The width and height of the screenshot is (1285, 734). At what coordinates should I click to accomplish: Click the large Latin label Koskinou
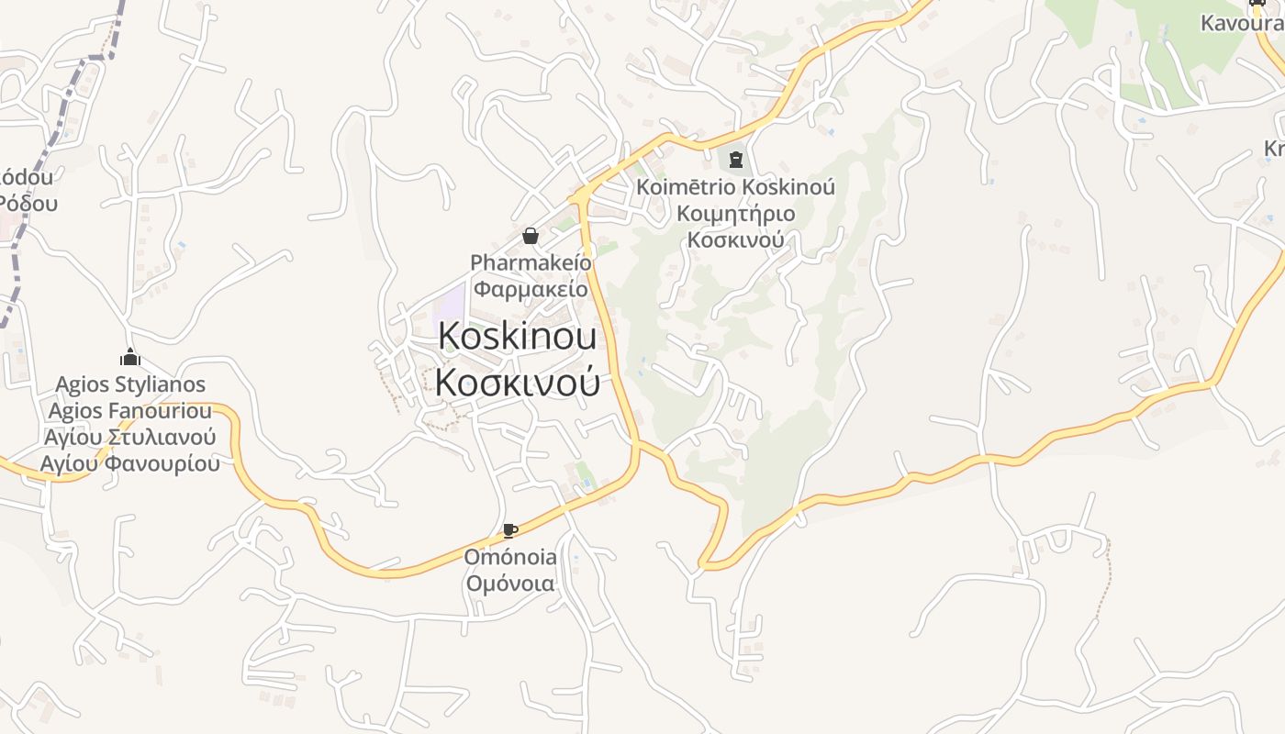coord(517,337)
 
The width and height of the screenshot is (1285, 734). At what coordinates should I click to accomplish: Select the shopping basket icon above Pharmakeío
coord(530,236)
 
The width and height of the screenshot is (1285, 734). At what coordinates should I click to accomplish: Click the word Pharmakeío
coord(531,262)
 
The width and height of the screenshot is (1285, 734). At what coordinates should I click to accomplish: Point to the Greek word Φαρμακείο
coord(531,289)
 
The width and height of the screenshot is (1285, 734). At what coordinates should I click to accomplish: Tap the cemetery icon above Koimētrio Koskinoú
coord(734,161)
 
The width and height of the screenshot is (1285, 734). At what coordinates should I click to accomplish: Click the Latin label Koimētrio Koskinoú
coord(735,187)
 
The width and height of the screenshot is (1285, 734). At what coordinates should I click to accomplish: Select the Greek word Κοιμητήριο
coord(735,214)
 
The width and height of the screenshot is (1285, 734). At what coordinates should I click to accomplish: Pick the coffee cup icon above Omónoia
coord(510,530)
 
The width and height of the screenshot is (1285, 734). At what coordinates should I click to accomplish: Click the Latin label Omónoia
coord(510,557)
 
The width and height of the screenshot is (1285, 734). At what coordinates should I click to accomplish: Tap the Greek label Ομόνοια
coord(510,584)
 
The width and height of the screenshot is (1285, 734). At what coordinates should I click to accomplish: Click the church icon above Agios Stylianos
coord(130,357)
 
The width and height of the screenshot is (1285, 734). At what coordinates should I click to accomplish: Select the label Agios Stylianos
coord(130,384)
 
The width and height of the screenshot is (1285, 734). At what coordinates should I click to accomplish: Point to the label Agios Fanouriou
coord(130,410)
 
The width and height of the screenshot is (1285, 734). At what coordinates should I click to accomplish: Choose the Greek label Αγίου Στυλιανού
coord(130,437)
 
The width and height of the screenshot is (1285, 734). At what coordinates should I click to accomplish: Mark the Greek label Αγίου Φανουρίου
coord(130,463)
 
